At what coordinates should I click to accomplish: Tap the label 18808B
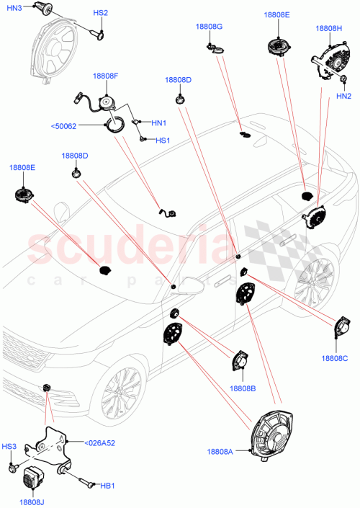[x=243, y=388]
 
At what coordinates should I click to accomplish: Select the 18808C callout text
[x=335, y=357]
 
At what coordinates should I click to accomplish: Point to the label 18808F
[x=106, y=75]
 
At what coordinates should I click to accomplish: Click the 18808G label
[x=210, y=27]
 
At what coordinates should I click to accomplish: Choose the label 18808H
[x=329, y=29]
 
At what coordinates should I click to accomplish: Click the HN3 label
[x=15, y=7]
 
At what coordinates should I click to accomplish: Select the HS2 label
[x=101, y=13]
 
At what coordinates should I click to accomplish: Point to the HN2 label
[x=343, y=95]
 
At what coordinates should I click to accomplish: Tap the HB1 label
[x=107, y=487]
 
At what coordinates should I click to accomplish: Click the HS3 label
[x=9, y=447]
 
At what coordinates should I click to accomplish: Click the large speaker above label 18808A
[x=274, y=430]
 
